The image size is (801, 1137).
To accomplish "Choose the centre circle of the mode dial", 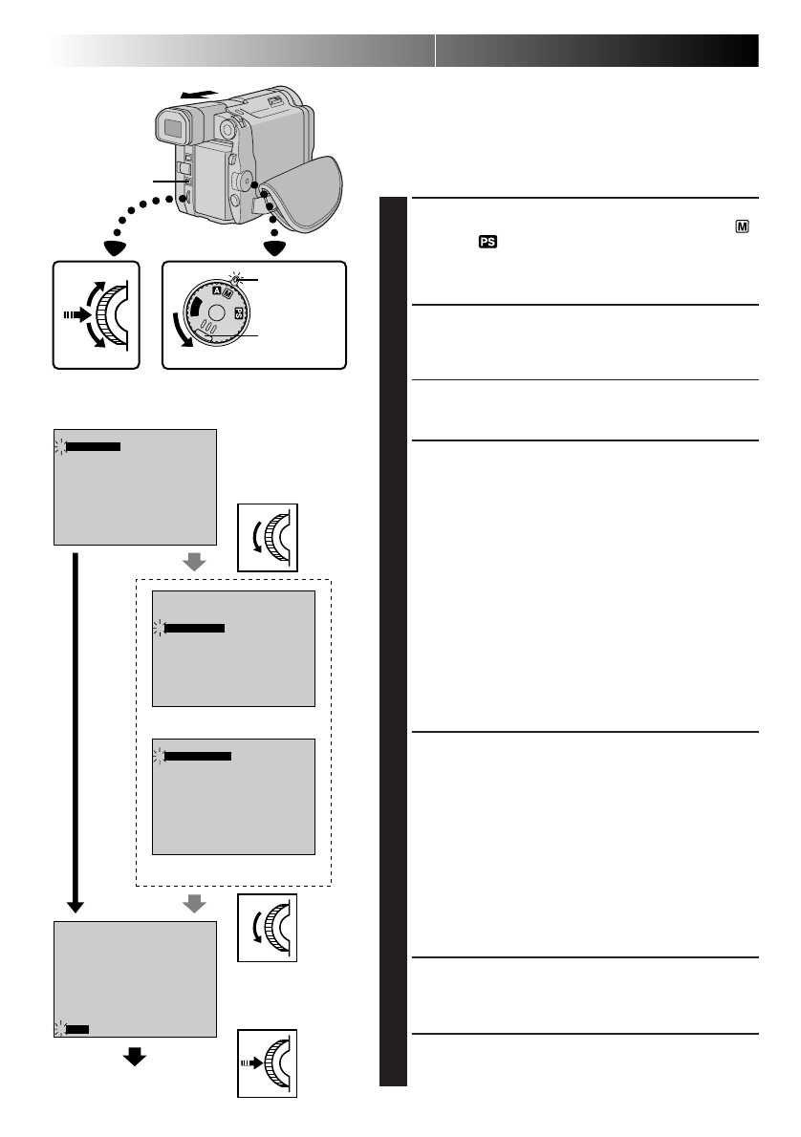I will (217, 313).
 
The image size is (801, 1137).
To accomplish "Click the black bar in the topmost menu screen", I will (94, 445).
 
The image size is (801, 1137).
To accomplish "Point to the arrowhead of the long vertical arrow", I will (75, 905).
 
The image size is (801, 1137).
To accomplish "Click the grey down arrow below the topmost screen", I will (194, 563).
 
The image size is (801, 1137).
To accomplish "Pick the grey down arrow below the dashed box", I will (194, 904).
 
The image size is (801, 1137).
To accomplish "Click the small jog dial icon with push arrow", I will (267, 1062).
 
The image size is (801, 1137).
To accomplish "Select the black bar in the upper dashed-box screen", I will (194, 628).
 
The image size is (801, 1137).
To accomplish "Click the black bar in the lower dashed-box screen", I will (198, 756).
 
